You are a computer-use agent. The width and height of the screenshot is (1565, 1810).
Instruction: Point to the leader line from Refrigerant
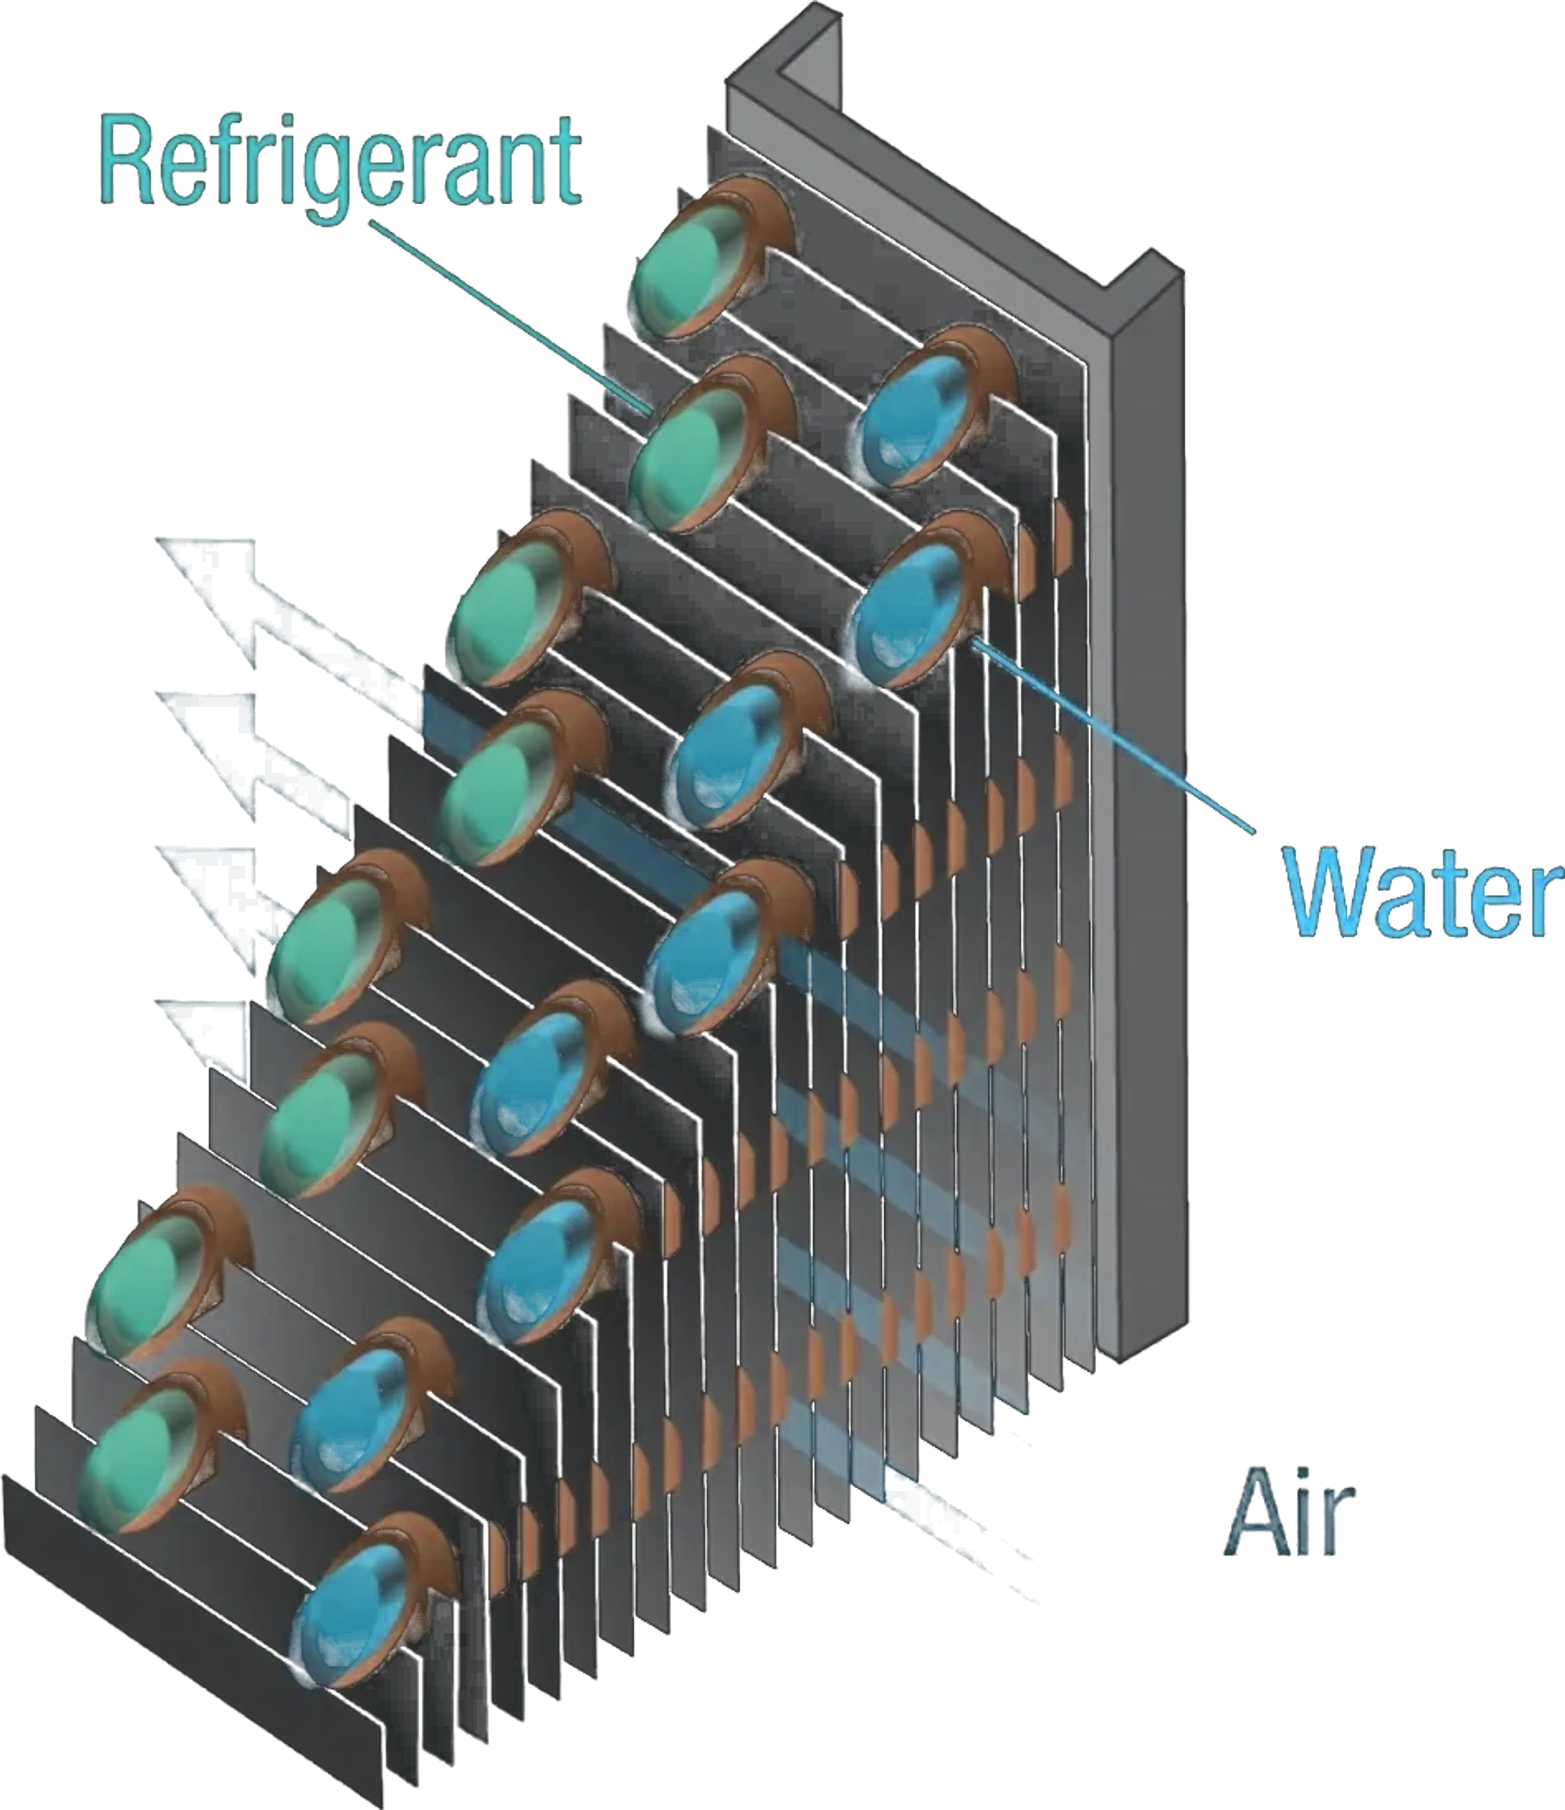[x=510, y=316]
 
